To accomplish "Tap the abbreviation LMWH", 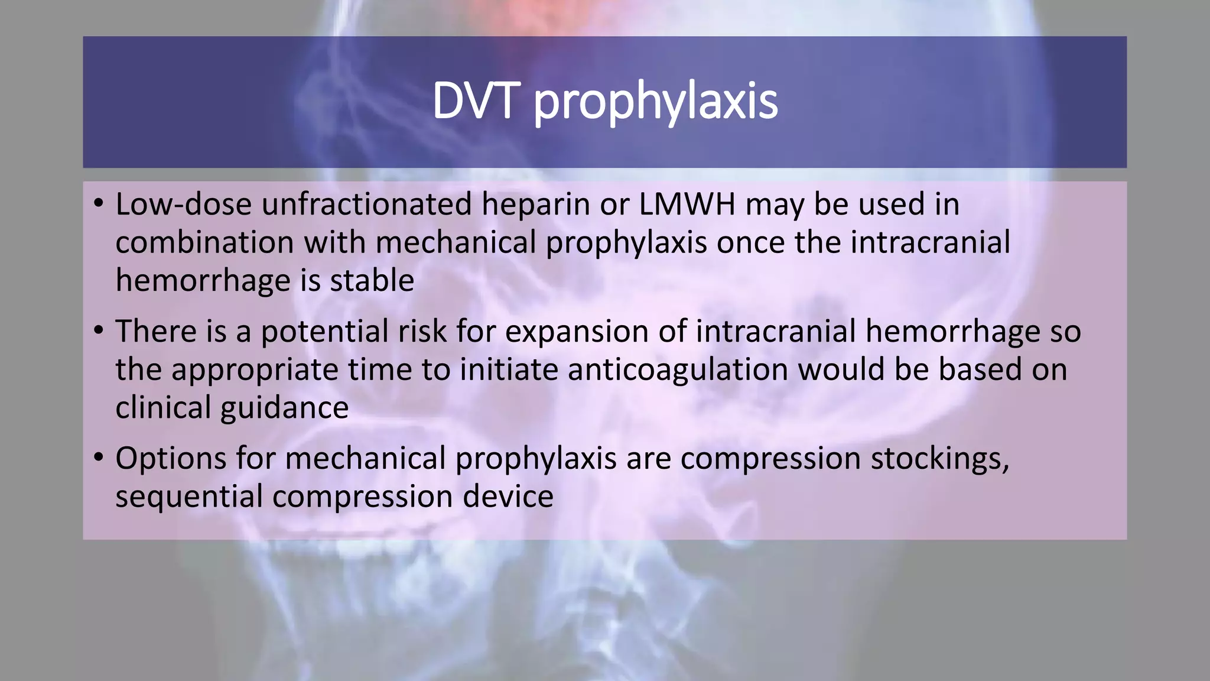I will point(687,205).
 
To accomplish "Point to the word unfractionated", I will point(367,205).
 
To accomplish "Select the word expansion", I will point(577,332).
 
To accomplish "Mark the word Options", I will point(171,459).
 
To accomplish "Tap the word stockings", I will point(939,459).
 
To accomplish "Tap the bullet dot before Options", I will point(99,458).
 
